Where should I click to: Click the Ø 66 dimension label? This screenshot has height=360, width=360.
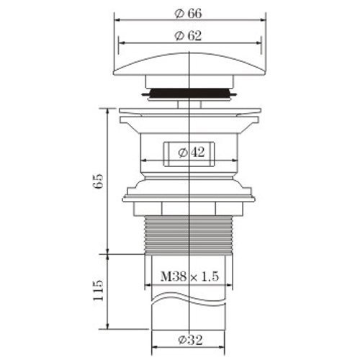point(188,14)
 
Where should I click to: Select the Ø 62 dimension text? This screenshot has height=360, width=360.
point(188,36)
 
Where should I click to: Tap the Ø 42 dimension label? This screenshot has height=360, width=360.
point(192,152)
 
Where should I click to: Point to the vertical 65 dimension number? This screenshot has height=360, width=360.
point(99,181)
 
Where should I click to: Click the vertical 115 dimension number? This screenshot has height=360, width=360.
point(99,290)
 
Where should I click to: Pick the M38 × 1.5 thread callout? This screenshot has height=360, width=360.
point(189,276)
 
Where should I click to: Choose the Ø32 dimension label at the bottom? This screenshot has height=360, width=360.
point(191,340)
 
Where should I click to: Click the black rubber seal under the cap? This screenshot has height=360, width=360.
point(189,93)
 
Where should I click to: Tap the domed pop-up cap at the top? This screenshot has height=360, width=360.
point(189,63)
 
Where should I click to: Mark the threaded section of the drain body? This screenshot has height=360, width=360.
point(189,235)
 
